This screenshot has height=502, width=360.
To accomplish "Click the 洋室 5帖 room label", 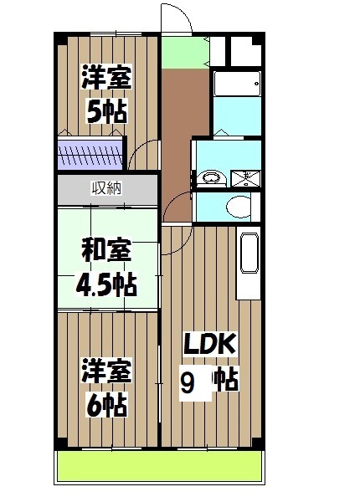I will (105, 95).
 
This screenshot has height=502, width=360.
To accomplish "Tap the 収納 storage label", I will (106, 187).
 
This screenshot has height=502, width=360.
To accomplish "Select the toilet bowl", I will (239, 207).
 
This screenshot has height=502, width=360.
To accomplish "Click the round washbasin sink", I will (210, 177).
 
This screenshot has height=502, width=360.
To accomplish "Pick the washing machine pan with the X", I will (247, 177).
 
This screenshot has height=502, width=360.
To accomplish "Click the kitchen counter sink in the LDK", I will (250, 255).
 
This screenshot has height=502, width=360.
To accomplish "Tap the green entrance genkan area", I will (184, 52).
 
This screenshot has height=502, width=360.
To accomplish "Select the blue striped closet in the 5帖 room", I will (90, 156).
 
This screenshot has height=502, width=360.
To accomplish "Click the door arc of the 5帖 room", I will (144, 156).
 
